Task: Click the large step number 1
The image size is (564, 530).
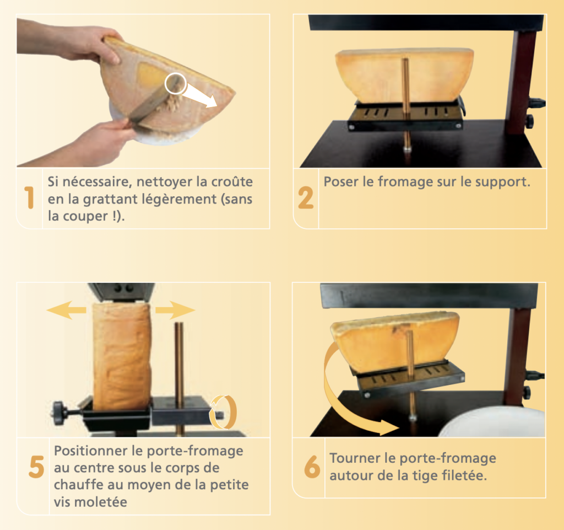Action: coord(30,197)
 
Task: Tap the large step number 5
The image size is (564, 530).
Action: coord(36,467)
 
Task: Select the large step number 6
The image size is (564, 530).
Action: coord(312,466)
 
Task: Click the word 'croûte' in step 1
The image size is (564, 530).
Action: coord(232,181)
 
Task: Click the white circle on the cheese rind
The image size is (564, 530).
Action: coord(176,83)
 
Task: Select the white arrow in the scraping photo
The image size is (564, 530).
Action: coord(199,96)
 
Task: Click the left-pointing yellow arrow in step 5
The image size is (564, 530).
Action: coord(67,310)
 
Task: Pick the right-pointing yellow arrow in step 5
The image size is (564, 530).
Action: coord(175,309)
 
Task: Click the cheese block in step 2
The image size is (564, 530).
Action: coord(404,75)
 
